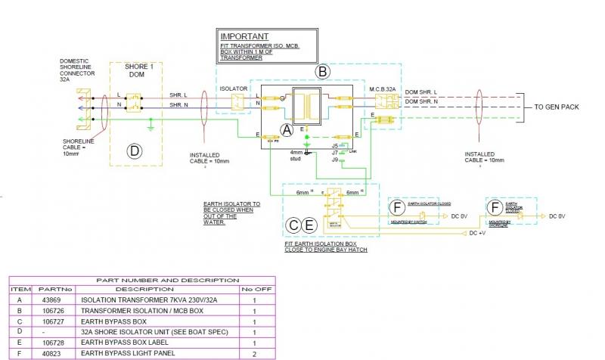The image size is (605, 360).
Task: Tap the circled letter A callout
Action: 287,129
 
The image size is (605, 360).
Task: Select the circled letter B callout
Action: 323,72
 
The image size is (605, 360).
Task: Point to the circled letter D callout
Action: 134,151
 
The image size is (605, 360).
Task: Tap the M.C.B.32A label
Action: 383,88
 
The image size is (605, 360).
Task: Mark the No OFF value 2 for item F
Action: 254,353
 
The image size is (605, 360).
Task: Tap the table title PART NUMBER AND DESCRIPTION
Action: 142,280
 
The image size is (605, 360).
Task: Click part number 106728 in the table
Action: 48,343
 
